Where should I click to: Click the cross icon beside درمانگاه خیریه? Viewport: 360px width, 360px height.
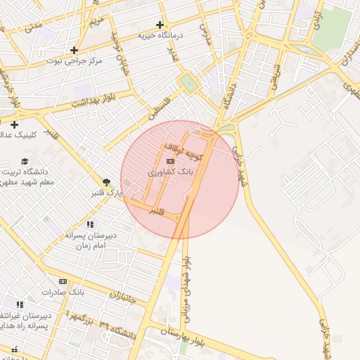[160, 25]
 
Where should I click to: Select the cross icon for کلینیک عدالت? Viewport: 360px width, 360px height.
[13, 124]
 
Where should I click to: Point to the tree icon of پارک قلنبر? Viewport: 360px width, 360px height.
[106, 182]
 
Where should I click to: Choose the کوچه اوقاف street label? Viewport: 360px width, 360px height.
[183, 151]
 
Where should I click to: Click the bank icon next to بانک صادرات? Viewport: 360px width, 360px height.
[63, 281]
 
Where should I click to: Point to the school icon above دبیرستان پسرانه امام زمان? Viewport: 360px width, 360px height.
[89, 224]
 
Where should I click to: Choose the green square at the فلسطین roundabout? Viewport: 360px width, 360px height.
[188, 83]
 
